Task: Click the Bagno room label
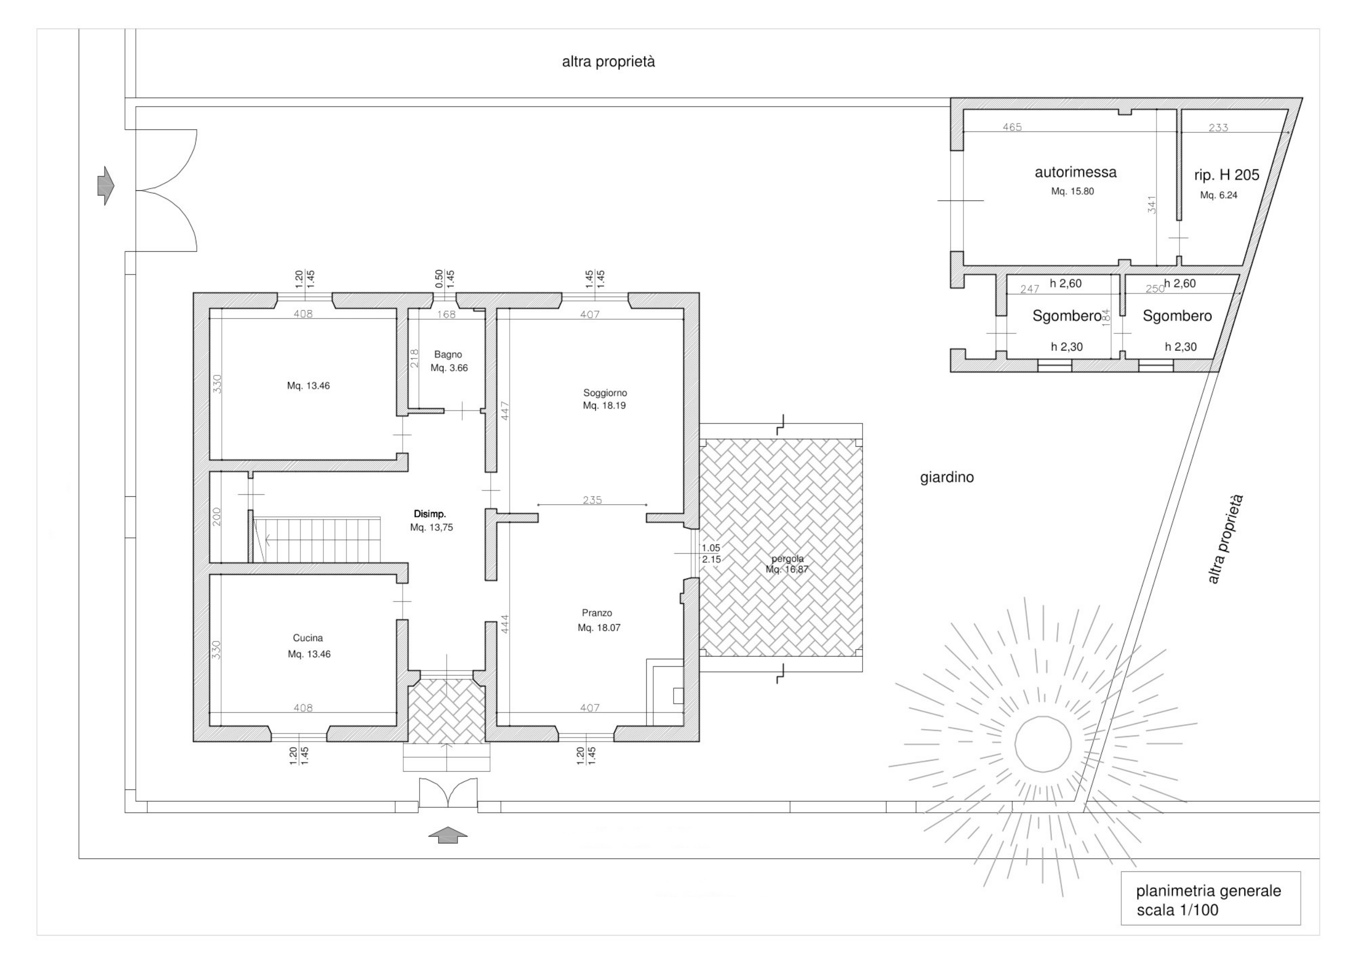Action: (448, 355)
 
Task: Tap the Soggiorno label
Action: (605, 393)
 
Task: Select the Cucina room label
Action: (308, 638)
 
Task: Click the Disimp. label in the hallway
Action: (430, 514)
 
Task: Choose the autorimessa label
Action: (1075, 173)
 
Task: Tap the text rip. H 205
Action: (1227, 175)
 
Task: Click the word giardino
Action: (947, 477)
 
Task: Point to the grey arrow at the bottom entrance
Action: (448, 835)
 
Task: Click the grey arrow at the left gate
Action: (106, 186)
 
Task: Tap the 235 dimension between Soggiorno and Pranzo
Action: (592, 500)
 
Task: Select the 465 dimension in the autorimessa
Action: (1012, 127)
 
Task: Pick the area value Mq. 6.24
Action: (1219, 195)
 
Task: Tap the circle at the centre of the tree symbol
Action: (1044, 744)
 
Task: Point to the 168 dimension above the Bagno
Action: (446, 314)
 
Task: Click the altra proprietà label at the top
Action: (609, 62)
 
